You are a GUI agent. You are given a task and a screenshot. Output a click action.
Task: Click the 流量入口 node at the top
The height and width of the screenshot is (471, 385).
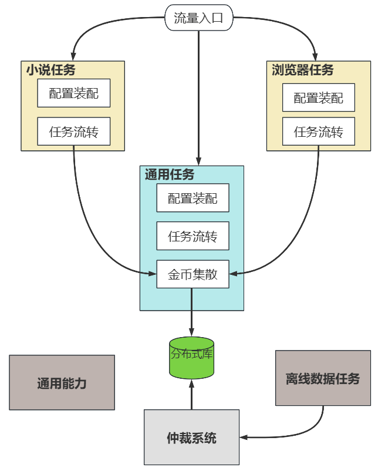(198, 18)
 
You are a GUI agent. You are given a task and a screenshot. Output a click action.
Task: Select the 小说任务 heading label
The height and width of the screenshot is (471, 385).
(50, 70)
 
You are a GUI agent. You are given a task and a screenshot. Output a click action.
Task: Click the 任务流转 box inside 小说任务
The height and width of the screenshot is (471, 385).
(73, 132)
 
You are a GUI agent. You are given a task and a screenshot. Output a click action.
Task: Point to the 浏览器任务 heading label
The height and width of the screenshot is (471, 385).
(302, 70)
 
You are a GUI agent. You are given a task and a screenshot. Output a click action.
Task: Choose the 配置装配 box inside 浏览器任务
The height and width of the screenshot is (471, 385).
(319, 98)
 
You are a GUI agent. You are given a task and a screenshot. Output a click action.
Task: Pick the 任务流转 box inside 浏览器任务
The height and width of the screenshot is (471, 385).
(319, 132)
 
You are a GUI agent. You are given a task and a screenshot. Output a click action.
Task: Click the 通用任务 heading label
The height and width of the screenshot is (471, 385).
(170, 174)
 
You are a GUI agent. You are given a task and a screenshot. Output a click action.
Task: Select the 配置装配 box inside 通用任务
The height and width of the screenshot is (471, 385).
(192, 199)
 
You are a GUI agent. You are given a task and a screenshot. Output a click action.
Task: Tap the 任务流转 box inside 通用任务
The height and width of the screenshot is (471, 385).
(192, 236)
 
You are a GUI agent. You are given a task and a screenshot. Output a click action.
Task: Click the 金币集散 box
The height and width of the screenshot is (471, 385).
(192, 274)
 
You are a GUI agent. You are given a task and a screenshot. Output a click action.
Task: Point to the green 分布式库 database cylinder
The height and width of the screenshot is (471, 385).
(191, 357)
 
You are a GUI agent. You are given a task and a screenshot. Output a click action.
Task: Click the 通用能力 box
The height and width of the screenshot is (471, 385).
(62, 383)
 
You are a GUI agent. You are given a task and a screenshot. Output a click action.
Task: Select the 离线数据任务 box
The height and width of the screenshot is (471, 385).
(323, 378)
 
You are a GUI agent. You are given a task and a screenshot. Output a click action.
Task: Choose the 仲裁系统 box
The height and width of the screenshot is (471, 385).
(191, 438)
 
